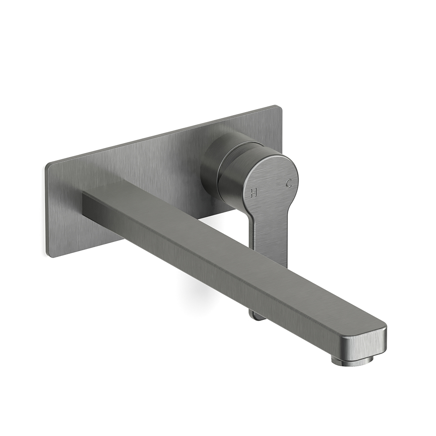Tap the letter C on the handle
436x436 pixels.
[x=288, y=184]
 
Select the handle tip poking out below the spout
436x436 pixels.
[x=257, y=313]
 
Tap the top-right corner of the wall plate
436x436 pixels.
[x=277, y=107]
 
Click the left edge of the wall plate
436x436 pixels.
[x=48, y=209]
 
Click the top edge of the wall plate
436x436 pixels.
[x=161, y=136]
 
